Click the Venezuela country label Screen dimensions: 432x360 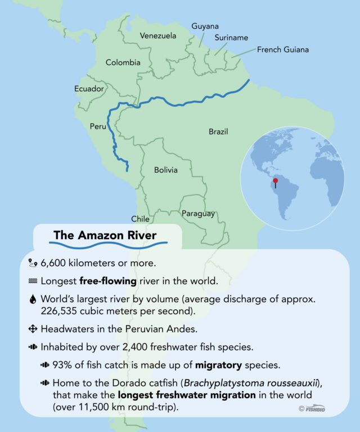(x=158, y=36)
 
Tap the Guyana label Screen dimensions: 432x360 (x=205, y=26)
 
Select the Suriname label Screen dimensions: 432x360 (x=231, y=38)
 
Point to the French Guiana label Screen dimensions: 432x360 (x=283, y=50)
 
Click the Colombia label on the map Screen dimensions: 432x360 (x=123, y=62)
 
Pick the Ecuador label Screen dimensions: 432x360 (x=89, y=89)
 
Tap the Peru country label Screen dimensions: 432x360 (x=98, y=127)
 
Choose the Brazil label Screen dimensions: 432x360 (x=218, y=132)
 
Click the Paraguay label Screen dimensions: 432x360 (x=198, y=214)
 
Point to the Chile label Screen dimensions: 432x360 (x=140, y=219)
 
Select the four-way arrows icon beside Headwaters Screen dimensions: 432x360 (x=31, y=328)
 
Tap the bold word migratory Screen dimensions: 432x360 (x=217, y=365)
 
